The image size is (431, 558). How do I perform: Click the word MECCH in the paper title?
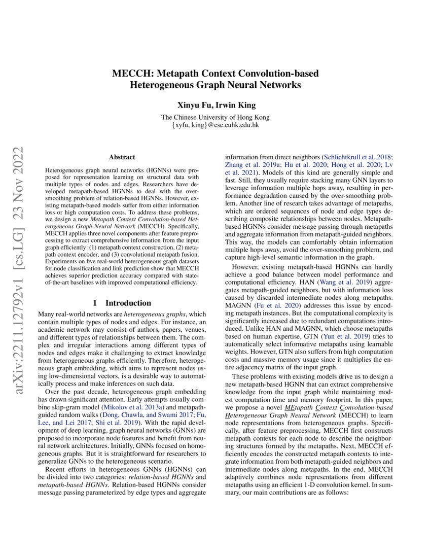point(129,74)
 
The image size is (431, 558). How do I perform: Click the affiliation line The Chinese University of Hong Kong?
point(215,117)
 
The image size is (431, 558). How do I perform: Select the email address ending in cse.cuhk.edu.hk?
point(215,124)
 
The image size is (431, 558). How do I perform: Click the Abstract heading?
point(122,158)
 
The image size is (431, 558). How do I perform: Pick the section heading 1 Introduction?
point(122,303)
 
